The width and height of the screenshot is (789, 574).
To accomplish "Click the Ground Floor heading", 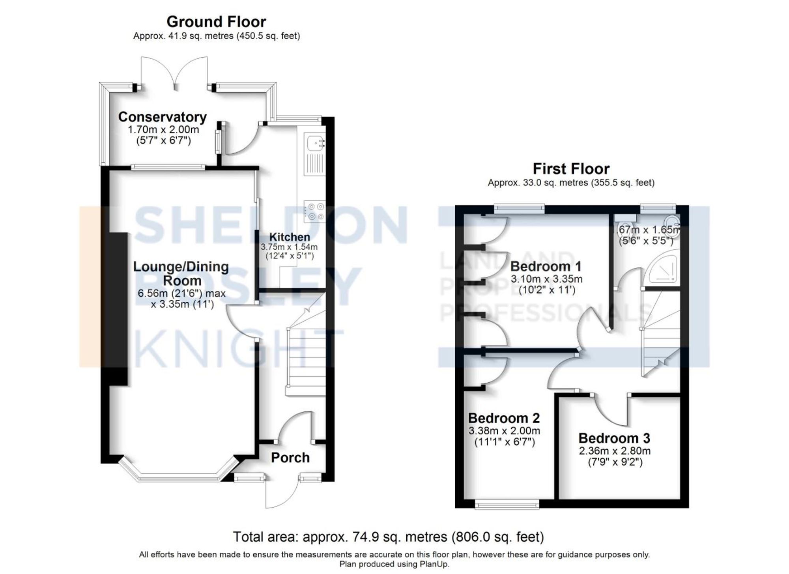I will click(x=216, y=22).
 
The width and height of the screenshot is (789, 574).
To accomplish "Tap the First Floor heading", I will click(x=571, y=169).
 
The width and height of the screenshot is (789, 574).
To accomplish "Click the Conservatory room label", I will click(x=162, y=117).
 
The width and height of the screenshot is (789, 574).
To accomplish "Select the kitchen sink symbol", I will click(x=315, y=142).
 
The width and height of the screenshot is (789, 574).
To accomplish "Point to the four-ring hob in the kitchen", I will click(x=315, y=211).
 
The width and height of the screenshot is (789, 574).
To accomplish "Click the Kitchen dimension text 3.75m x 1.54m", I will click(x=289, y=247).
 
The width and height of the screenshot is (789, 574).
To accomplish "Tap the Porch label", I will click(x=290, y=458).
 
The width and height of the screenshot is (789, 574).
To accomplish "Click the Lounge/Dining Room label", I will click(x=181, y=273).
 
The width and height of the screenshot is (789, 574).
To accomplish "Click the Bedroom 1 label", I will click(x=546, y=266).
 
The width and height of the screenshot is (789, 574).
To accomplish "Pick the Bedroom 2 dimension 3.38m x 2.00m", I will click(x=504, y=431).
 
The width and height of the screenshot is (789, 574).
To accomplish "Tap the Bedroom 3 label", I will click(x=614, y=438).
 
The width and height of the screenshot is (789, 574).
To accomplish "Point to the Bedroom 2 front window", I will click(x=507, y=505).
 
